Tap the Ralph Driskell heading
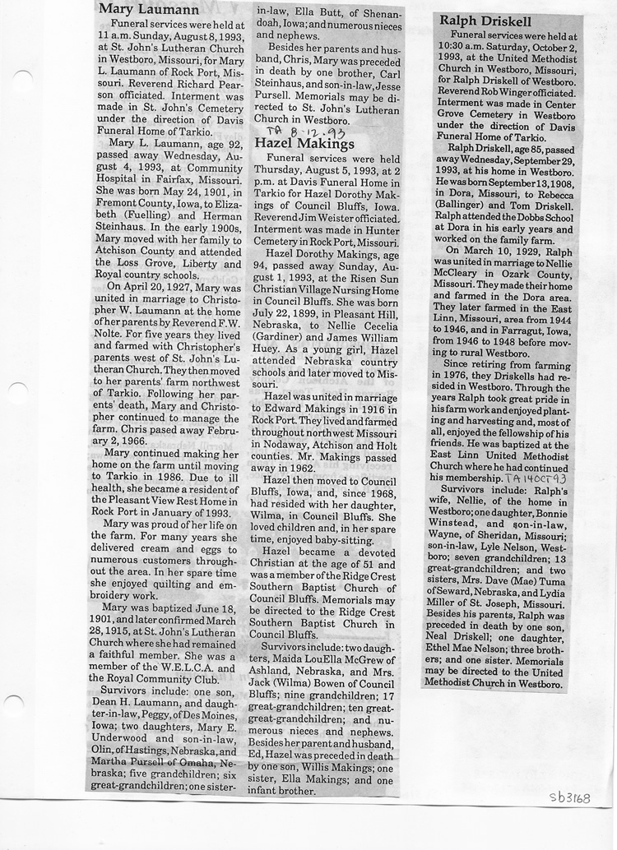coord(485,21)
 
